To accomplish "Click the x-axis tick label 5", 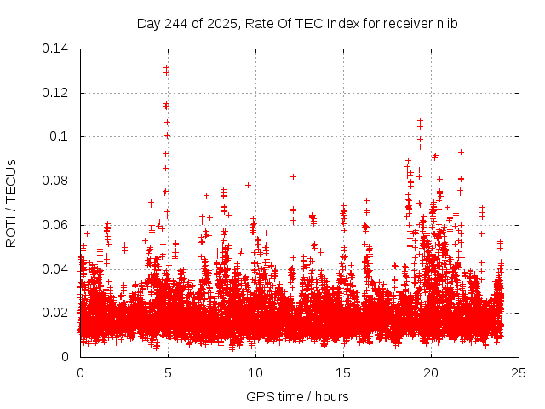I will coord(168,373).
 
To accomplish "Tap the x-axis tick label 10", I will coord(255,373).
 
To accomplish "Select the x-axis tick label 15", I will coord(343,373).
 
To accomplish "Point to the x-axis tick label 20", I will coord(431,373).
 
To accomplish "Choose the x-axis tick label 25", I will coord(519,373).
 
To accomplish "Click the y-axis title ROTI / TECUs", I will coord(12,203).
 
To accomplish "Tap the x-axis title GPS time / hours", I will coord(297,396).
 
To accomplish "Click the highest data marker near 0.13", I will coord(167,67).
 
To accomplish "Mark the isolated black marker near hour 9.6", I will coord(249,185).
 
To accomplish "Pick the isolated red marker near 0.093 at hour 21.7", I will coord(461,152).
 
